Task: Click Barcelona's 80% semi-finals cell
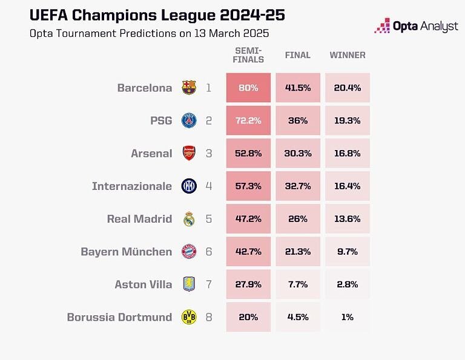coord(248,88)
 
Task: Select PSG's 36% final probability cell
coord(298,120)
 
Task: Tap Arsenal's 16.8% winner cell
coord(347,153)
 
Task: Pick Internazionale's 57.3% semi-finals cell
coord(248,186)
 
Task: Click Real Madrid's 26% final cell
coord(298,219)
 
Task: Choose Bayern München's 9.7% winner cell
coord(347,252)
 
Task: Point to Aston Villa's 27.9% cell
coord(248,284)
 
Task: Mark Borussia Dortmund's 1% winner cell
coord(347,317)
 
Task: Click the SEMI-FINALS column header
coord(248,55)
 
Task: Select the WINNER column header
coord(348,55)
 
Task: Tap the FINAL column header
coord(298,55)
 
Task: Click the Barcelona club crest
coord(189,88)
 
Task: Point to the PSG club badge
coord(189,120)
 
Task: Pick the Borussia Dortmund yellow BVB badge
coord(189,317)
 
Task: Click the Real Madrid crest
coord(189,219)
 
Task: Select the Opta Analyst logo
coord(417,26)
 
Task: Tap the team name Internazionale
coord(132,186)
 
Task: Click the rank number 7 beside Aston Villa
coord(209,284)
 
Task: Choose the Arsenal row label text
coord(151,154)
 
